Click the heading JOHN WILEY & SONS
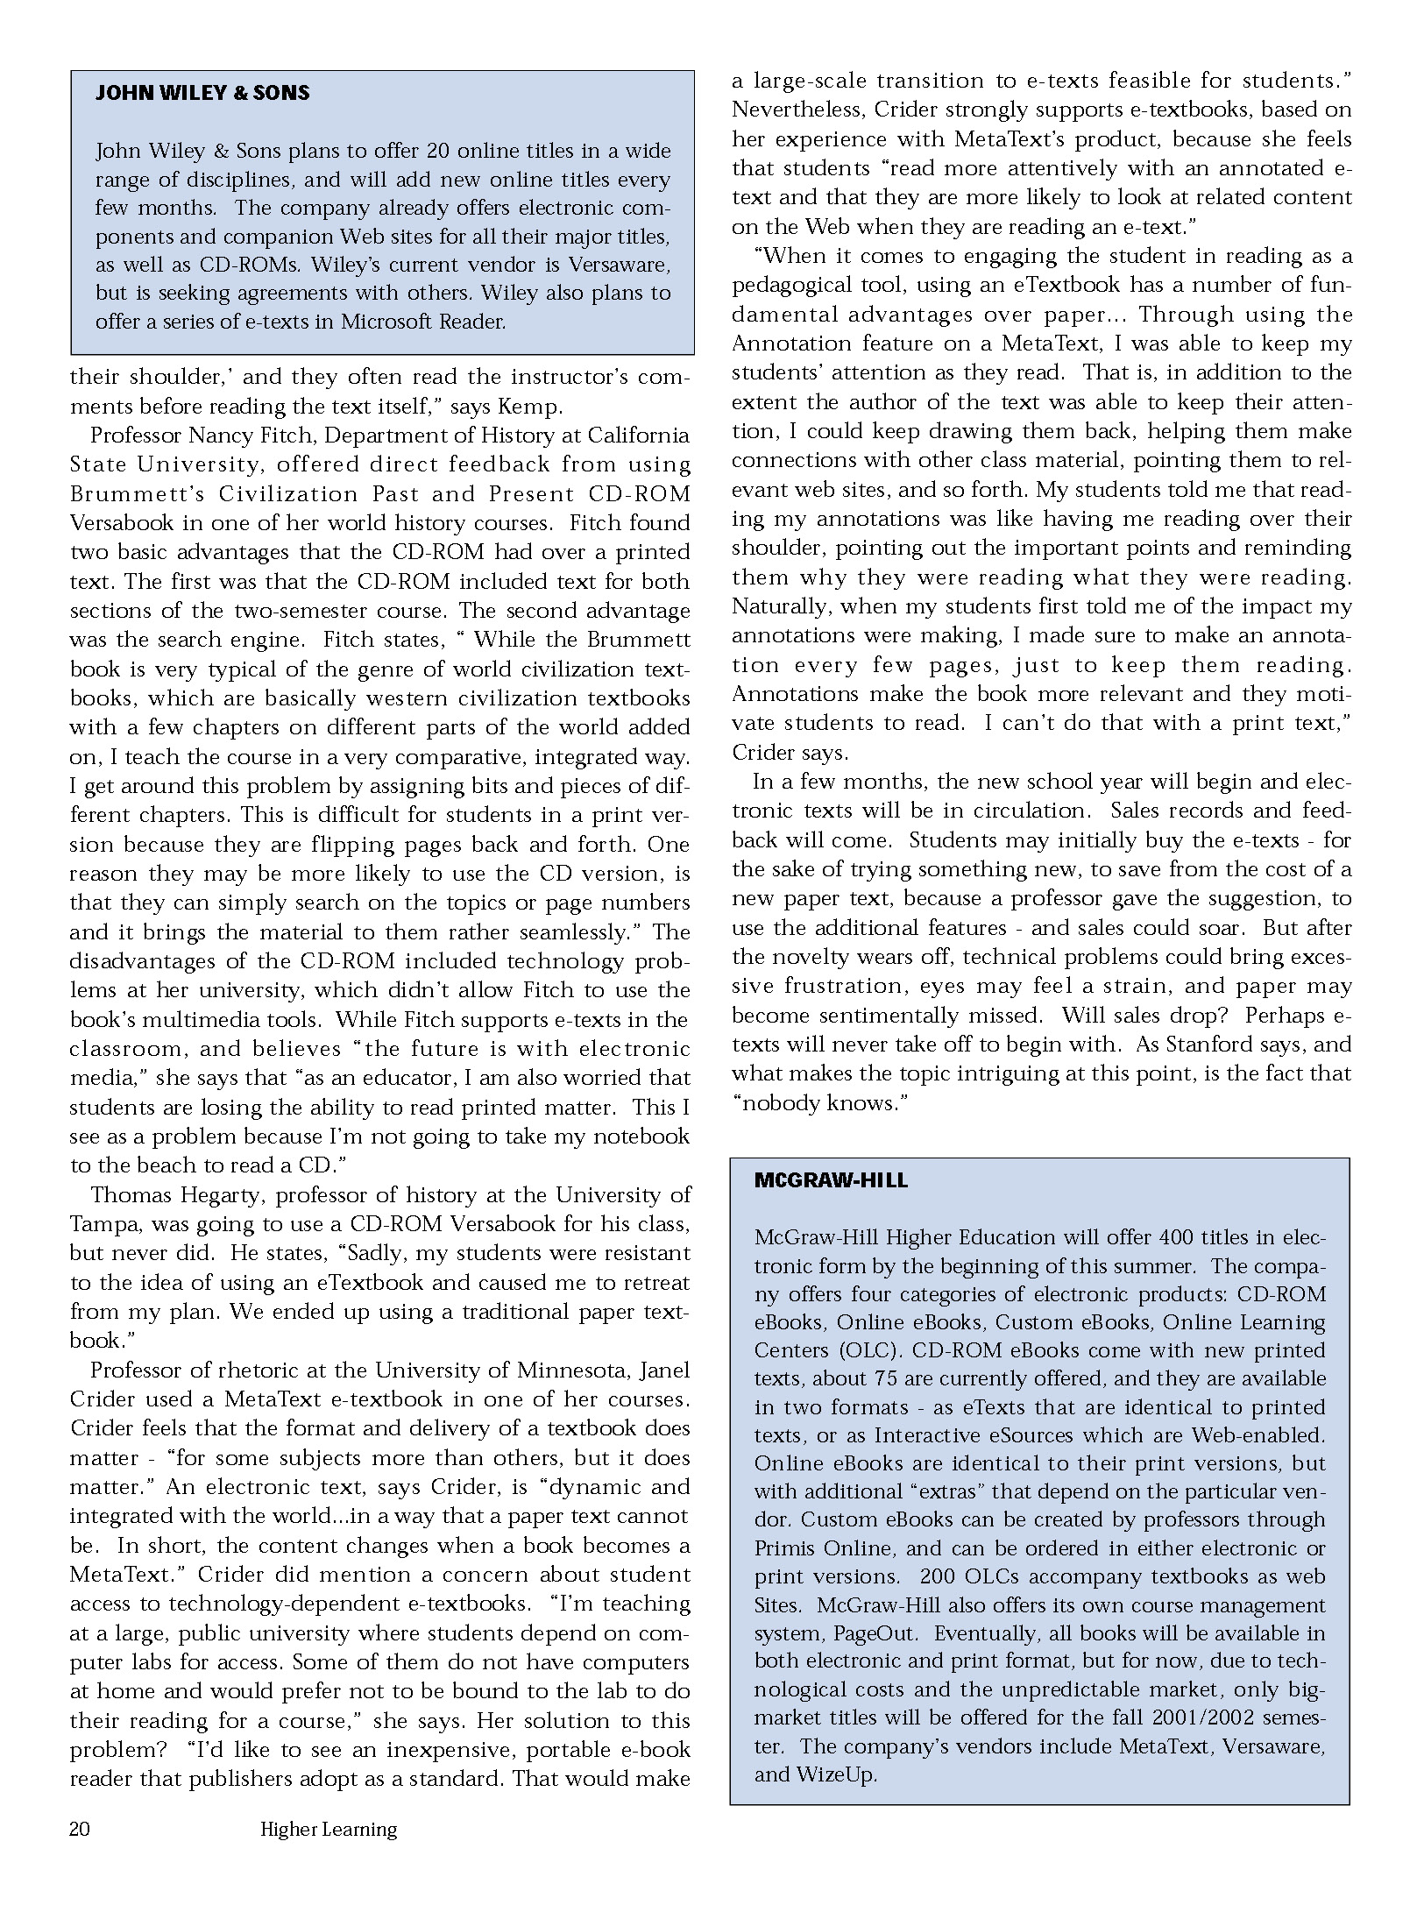click(x=202, y=93)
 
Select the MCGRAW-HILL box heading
click(x=831, y=1180)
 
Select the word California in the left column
click(x=638, y=436)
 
